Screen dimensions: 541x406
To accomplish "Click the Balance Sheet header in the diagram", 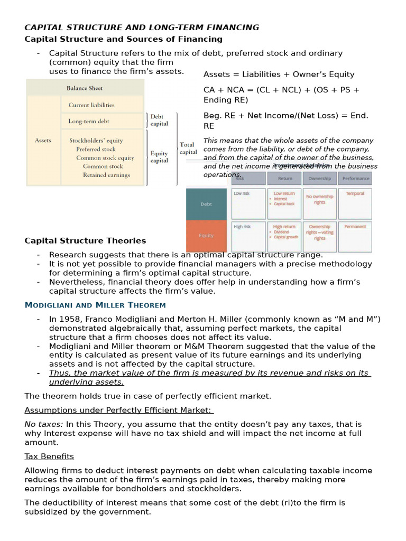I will [x=85, y=88].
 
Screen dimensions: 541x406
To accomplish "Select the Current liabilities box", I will [x=91, y=105].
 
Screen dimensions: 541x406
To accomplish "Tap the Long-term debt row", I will [x=88, y=121].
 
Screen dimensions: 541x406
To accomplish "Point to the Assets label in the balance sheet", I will [x=43, y=141].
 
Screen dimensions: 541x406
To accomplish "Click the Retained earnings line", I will [x=106, y=175].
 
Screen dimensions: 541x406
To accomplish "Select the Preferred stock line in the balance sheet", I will [x=95, y=150].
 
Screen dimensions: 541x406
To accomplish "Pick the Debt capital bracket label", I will [x=159, y=120].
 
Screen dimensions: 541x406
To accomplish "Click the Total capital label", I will [x=188, y=148].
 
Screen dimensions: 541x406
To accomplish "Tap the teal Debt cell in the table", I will [x=206, y=203].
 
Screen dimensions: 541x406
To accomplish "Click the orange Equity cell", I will [x=206, y=236].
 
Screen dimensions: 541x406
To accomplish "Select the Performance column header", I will [x=355, y=179].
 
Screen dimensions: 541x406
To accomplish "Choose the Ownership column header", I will [x=319, y=179].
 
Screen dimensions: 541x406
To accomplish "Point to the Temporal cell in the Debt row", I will [x=355, y=194].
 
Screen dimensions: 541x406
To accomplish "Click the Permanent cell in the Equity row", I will [x=355, y=227].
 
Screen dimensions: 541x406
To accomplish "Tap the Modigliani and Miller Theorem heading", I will [x=95, y=305].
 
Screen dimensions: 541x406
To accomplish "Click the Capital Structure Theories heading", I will [x=85, y=241].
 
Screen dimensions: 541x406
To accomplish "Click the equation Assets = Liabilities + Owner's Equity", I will [x=279, y=74].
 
